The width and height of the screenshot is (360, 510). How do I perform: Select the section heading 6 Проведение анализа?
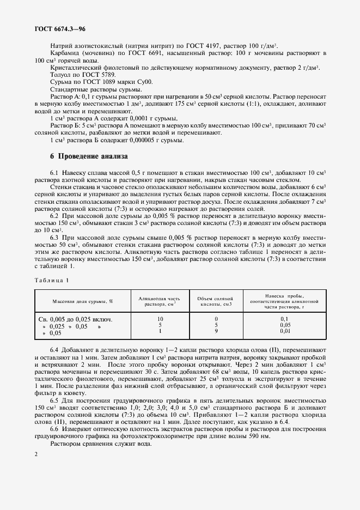89,156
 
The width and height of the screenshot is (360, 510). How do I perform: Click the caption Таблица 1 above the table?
52,280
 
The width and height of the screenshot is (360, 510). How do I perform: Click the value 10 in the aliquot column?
160,318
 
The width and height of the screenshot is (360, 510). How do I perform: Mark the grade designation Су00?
145,81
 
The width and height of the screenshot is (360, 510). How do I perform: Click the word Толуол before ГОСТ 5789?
61,74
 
